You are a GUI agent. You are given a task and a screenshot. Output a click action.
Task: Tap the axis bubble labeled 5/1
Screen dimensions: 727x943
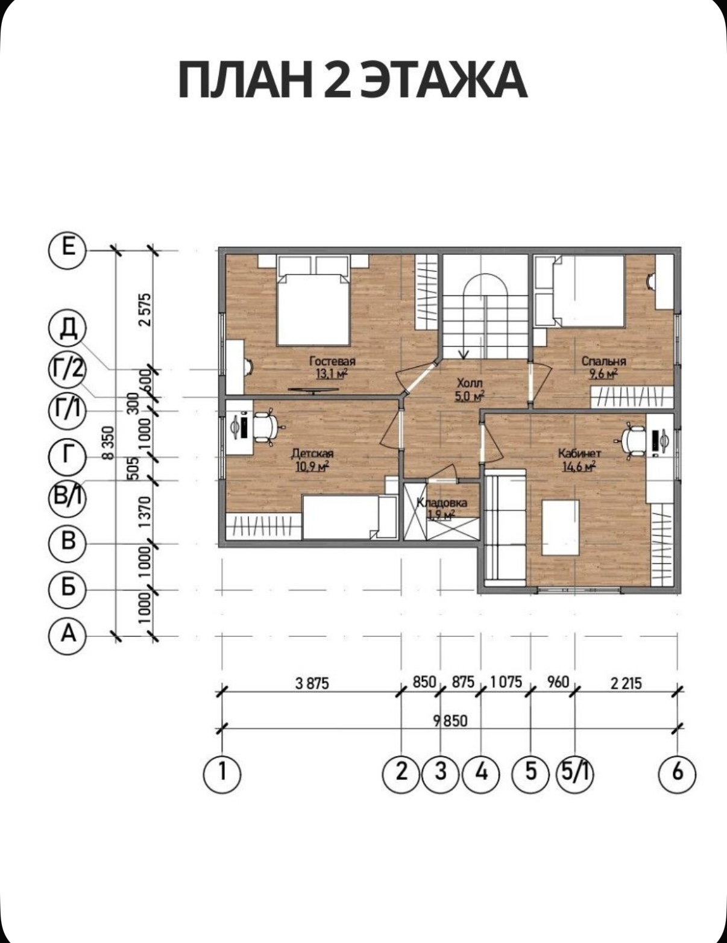pyautogui.click(x=574, y=773)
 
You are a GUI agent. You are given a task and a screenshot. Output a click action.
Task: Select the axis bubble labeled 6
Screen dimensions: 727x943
pyautogui.click(x=677, y=773)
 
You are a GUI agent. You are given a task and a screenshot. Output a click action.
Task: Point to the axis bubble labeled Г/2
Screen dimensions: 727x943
pyautogui.click(x=67, y=371)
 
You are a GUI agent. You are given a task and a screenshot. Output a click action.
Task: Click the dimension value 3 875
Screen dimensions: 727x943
pyautogui.click(x=312, y=683)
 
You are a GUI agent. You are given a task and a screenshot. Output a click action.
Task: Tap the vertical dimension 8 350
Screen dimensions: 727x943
pyautogui.click(x=109, y=443)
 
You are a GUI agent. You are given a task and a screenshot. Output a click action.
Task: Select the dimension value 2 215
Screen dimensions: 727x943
pyautogui.click(x=626, y=683)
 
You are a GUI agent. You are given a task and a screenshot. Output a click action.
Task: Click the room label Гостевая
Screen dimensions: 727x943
pyautogui.click(x=333, y=361)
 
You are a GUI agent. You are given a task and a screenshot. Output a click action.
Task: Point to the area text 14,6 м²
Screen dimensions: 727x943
pyautogui.click(x=579, y=466)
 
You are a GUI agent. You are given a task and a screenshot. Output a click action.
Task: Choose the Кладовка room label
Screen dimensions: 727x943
pyautogui.click(x=442, y=503)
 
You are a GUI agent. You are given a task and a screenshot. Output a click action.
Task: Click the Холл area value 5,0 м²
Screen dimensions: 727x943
pyautogui.click(x=469, y=396)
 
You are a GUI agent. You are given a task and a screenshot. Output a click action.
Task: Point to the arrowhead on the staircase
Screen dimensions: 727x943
pyautogui.click(x=464, y=355)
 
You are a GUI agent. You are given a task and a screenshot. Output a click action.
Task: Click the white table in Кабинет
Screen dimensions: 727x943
pyautogui.click(x=561, y=528)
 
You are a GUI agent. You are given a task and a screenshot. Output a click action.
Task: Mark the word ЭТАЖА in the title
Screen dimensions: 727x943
pyautogui.click(x=444, y=80)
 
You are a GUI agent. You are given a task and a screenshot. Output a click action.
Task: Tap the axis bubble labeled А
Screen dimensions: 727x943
pyautogui.click(x=68, y=636)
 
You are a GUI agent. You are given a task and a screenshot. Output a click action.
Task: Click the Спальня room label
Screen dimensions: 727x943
pyautogui.click(x=604, y=361)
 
